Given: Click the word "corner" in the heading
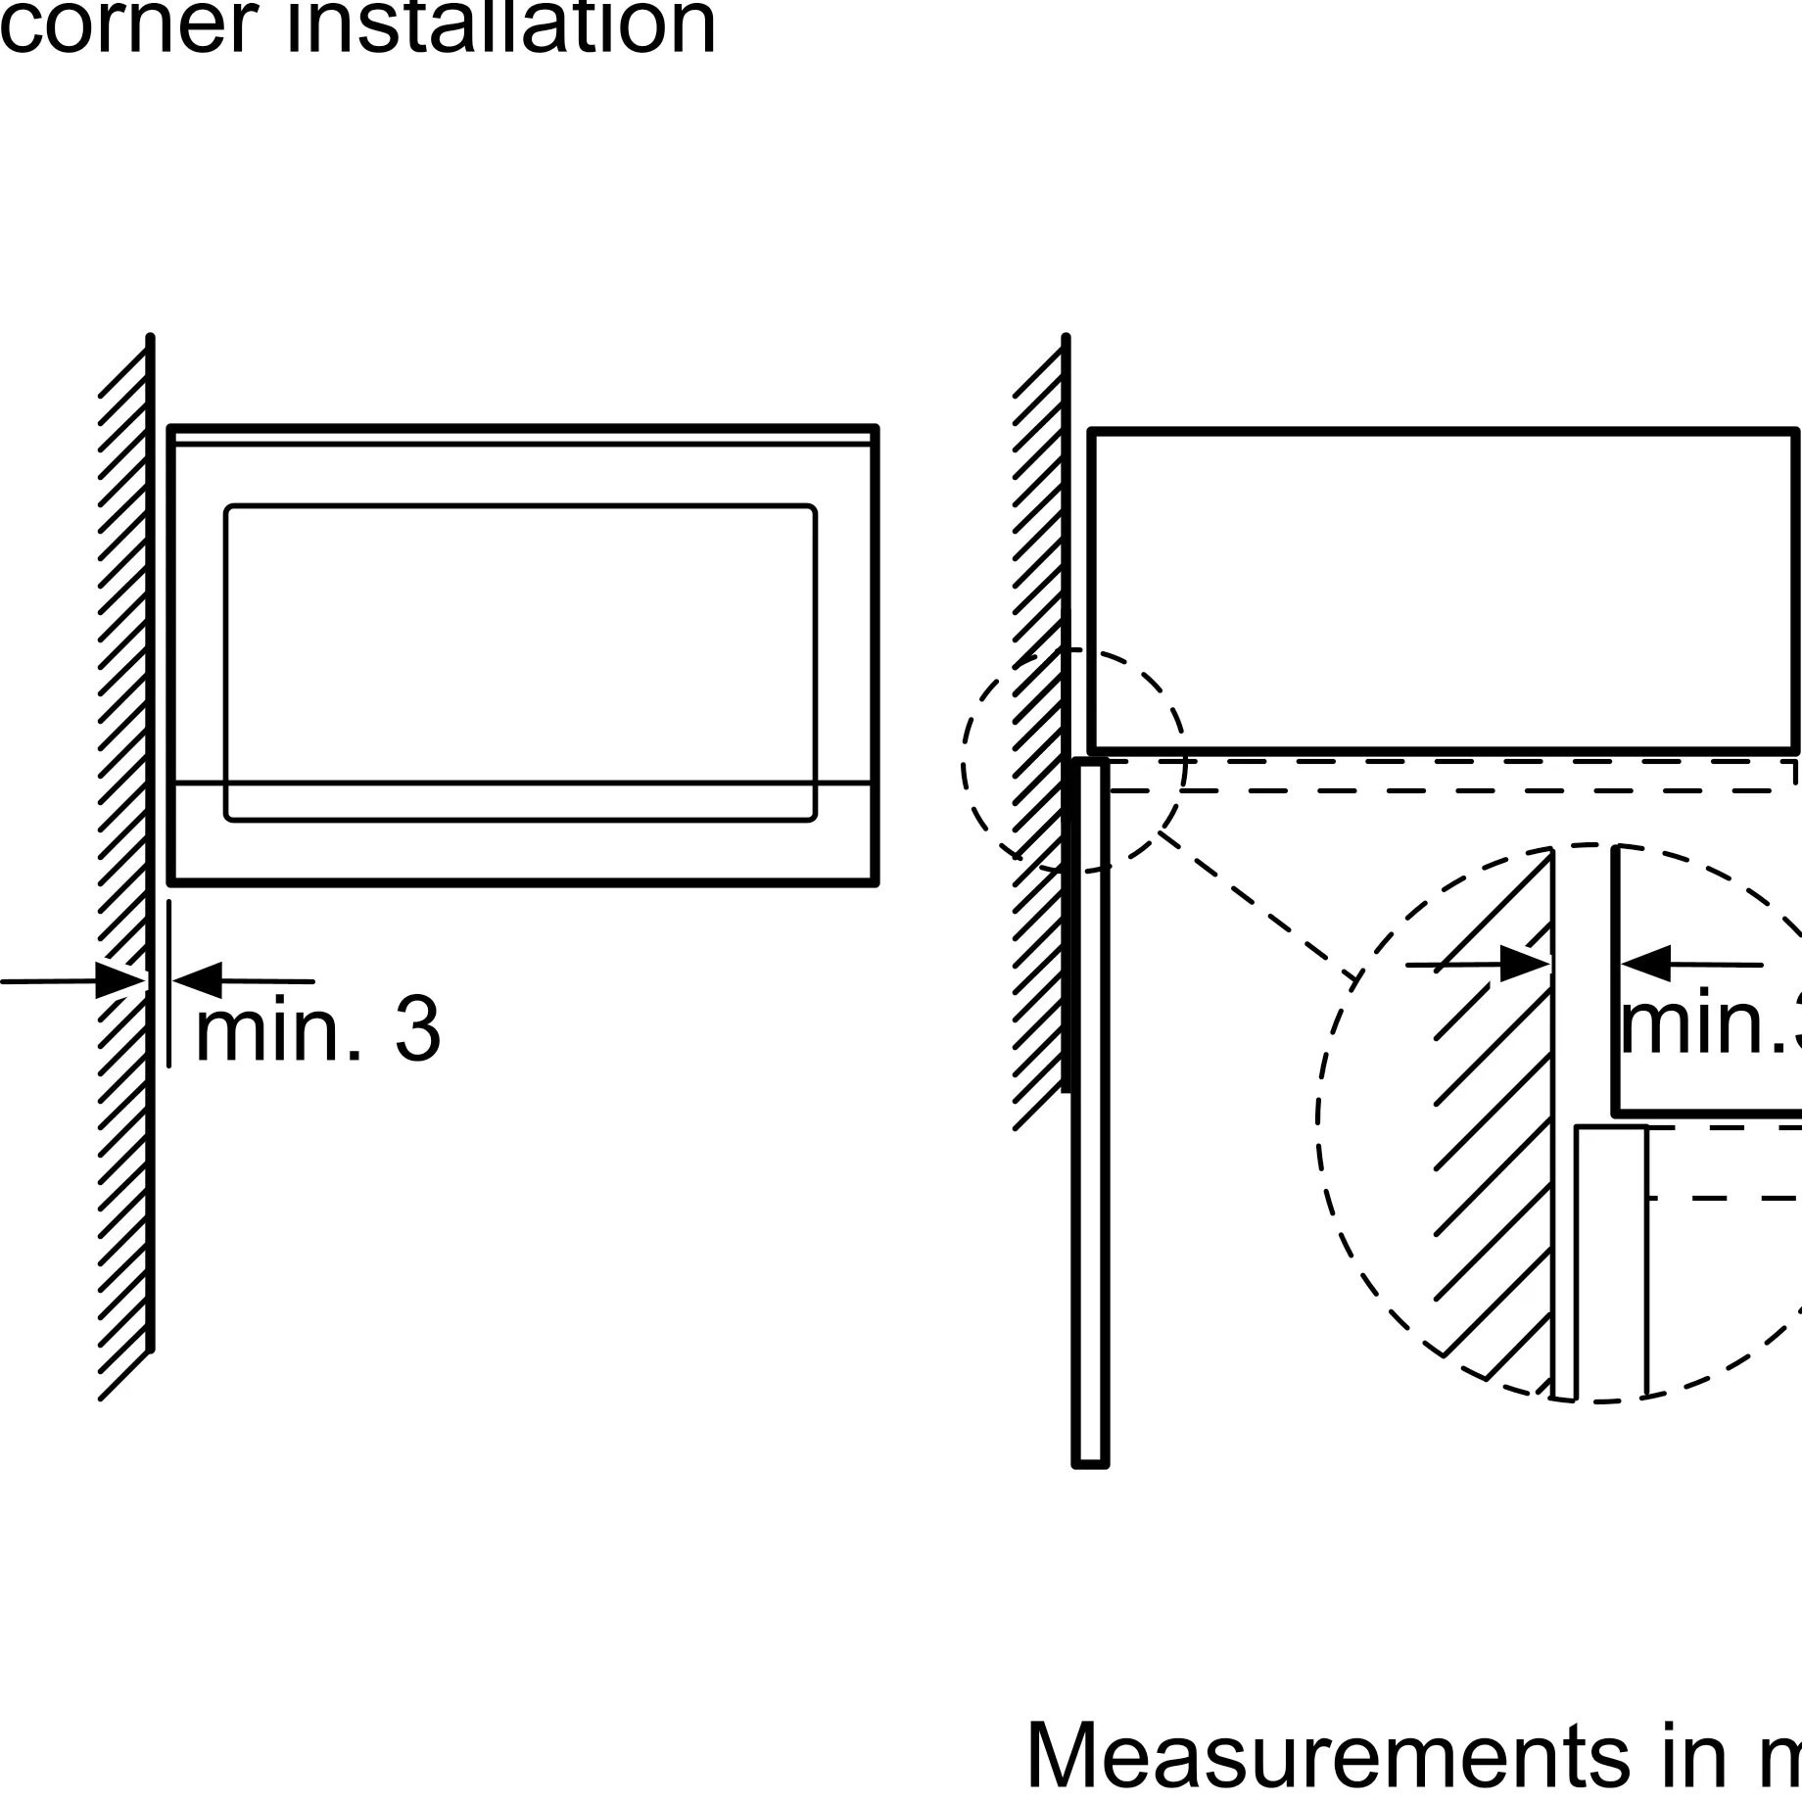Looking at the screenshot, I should click(x=127, y=27).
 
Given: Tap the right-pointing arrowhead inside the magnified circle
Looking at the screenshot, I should click(x=1524, y=965).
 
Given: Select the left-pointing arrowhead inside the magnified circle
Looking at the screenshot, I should click(x=1645, y=964).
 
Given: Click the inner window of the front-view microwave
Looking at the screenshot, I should click(x=520, y=646).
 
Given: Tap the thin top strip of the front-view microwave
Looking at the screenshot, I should click(x=520, y=436).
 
